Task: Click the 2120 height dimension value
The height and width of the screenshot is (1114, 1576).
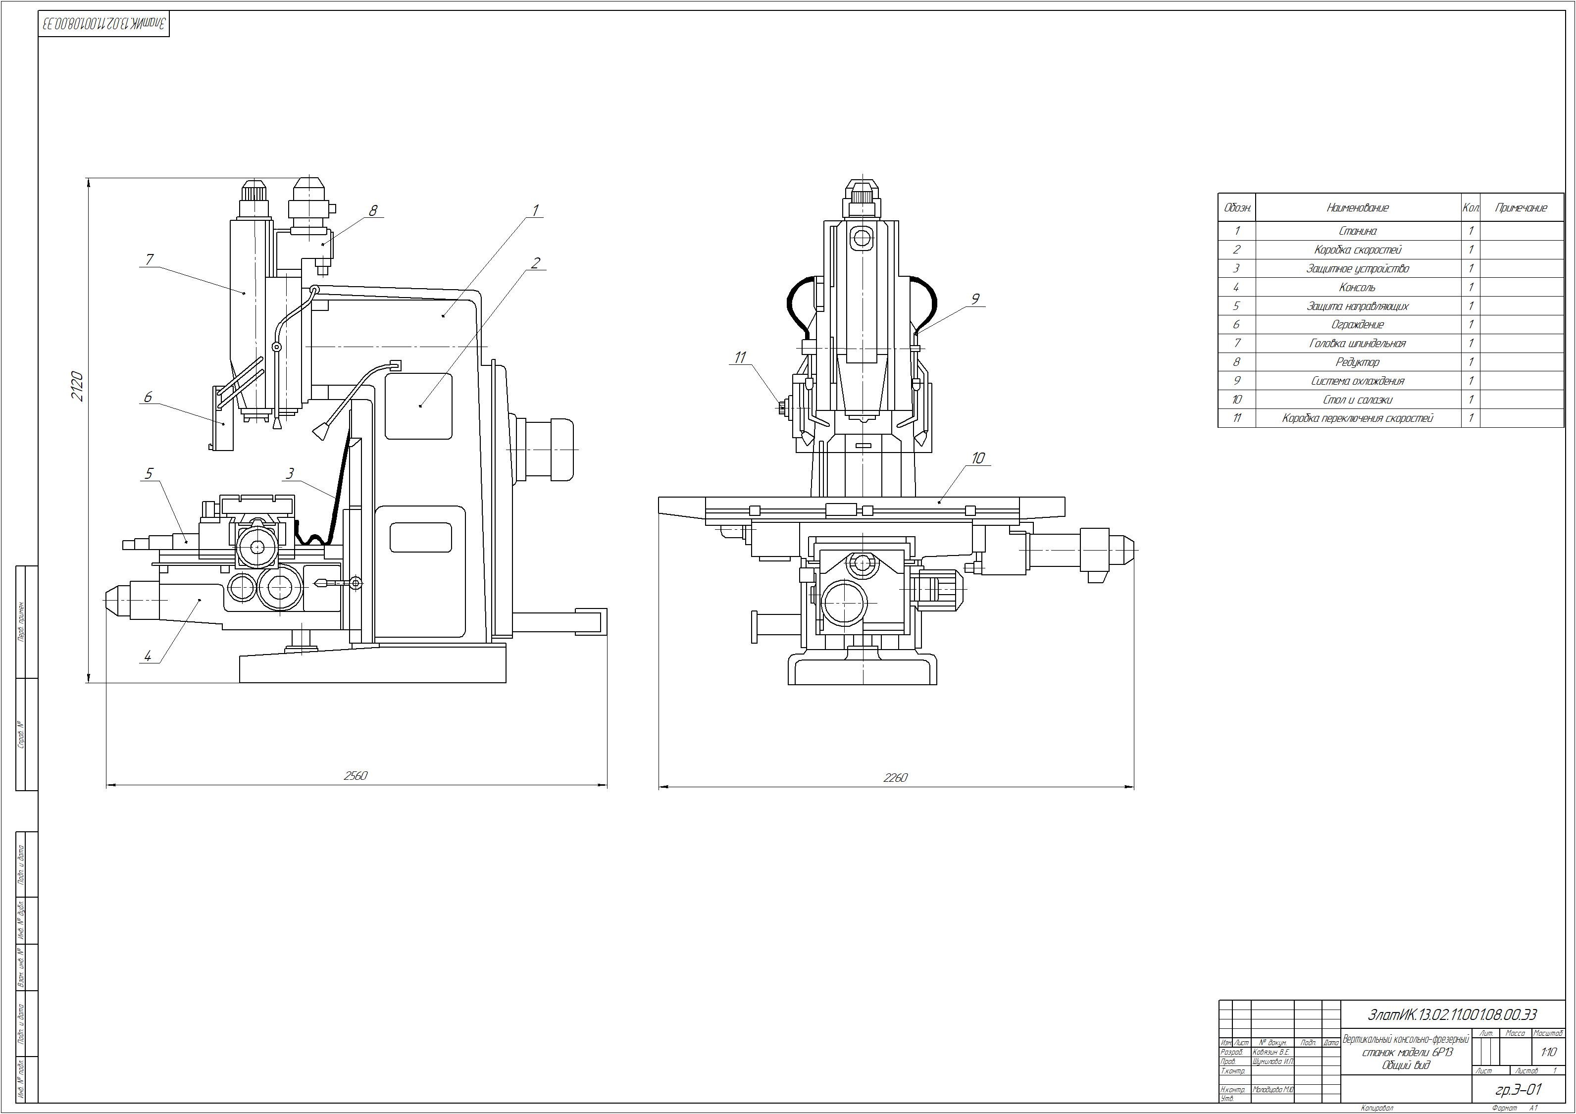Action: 77,386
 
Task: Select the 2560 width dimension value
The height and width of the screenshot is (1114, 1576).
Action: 356,776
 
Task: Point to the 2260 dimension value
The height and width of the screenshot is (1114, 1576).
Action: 895,778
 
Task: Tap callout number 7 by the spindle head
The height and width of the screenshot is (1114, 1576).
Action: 150,259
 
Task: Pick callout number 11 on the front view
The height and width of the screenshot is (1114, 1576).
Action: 740,357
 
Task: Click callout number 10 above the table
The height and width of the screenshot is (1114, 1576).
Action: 978,458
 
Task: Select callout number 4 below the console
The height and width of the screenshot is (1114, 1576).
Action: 148,656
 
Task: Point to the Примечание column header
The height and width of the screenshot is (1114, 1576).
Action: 1521,207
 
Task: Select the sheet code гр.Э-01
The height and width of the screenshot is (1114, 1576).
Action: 1519,1089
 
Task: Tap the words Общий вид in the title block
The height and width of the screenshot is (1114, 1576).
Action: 1406,1065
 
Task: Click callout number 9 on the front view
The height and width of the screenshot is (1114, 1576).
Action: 975,299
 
